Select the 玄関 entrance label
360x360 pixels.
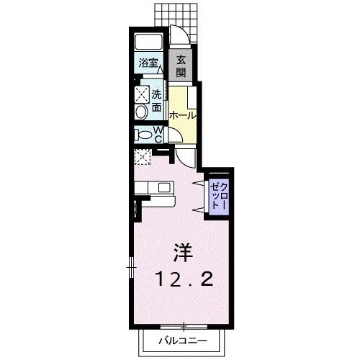(181, 66)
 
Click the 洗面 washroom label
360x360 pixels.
(157, 101)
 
